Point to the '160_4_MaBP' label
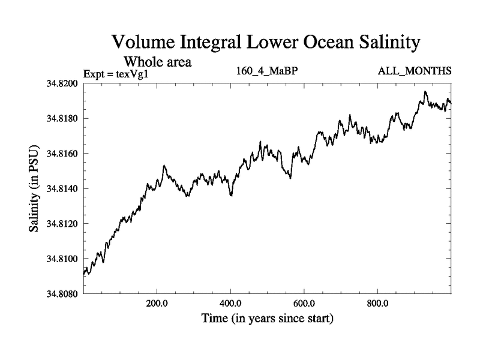[x=268, y=71]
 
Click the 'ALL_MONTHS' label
[x=415, y=71]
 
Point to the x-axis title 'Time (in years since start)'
[x=267, y=319]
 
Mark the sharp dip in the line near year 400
[x=232, y=196]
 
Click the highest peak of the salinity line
[x=425, y=92]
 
